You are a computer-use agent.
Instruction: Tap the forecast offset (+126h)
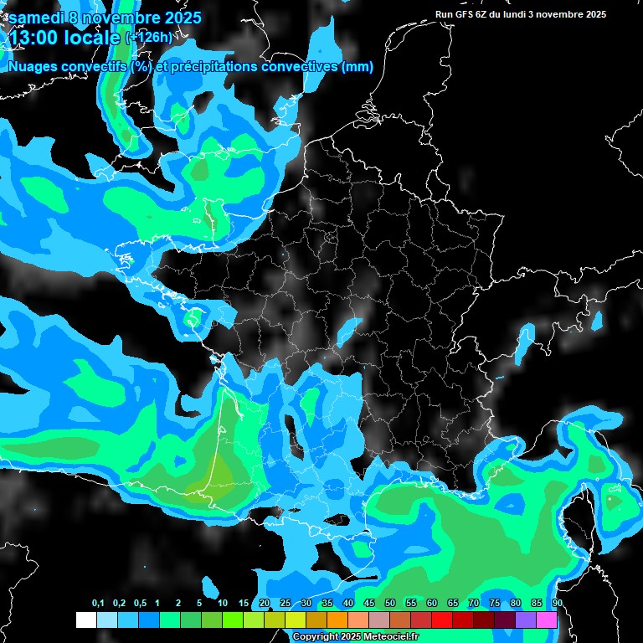point(148,36)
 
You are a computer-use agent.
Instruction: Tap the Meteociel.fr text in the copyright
point(388,637)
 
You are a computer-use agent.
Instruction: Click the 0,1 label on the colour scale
point(98,603)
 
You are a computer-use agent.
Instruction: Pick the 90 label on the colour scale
point(557,603)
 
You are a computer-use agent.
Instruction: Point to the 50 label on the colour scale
point(390,603)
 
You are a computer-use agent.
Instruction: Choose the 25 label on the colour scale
point(285,603)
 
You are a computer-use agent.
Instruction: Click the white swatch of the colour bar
point(85,620)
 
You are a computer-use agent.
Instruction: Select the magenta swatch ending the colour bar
point(547,620)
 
